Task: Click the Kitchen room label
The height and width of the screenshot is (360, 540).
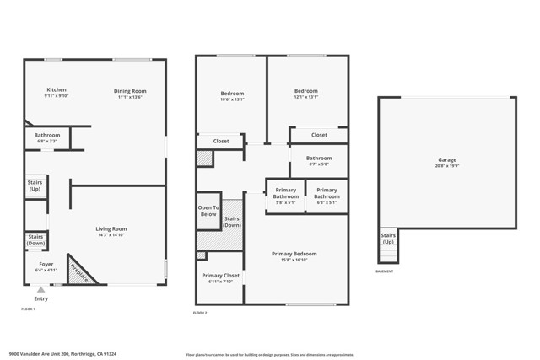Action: [56, 90]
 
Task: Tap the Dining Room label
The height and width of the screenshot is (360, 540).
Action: [130, 91]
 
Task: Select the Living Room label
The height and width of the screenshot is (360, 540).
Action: [111, 228]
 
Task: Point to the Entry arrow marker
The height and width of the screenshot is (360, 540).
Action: [40, 290]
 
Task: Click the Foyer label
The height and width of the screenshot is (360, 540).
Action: [46, 264]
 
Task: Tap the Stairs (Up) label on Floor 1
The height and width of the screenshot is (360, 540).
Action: [35, 185]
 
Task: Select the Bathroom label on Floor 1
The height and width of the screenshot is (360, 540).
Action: [47, 135]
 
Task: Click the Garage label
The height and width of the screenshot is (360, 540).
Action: [446, 159]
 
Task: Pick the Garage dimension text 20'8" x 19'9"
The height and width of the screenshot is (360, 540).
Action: [446, 166]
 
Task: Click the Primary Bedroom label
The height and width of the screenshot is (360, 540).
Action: [294, 254]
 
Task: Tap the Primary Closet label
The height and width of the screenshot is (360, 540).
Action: [220, 275]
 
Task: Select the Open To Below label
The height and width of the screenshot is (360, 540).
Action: [208, 211]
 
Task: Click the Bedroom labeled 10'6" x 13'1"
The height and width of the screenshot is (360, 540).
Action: [232, 93]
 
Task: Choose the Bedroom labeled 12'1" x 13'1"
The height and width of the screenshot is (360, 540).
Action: [305, 91]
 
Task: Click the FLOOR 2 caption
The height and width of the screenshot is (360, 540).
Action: [200, 313]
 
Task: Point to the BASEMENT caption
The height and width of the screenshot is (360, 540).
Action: [384, 271]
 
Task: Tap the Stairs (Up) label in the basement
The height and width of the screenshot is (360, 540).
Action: [388, 239]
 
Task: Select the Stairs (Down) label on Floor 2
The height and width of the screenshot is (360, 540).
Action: [232, 222]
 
